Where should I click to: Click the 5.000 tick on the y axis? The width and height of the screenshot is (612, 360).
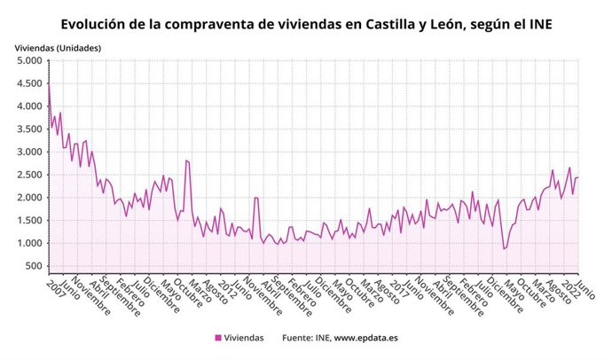pos(29,61)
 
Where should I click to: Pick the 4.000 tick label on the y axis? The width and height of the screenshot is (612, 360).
pos(29,106)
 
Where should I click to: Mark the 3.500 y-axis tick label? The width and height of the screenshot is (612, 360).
pos(29,129)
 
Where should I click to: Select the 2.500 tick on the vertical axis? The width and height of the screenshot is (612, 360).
pos(29,175)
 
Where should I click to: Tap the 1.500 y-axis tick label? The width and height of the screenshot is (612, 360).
pos(29,221)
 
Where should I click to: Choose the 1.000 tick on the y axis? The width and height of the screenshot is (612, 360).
pos(29,244)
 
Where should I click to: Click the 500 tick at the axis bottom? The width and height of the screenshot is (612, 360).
pos(34,266)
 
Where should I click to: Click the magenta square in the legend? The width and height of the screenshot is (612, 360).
pos(218,338)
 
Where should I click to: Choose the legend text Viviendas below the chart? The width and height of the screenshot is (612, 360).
pos(244,338)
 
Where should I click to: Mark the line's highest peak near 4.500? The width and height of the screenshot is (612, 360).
pos(49,82)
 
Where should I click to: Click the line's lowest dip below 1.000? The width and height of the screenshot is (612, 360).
pos(504,249)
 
